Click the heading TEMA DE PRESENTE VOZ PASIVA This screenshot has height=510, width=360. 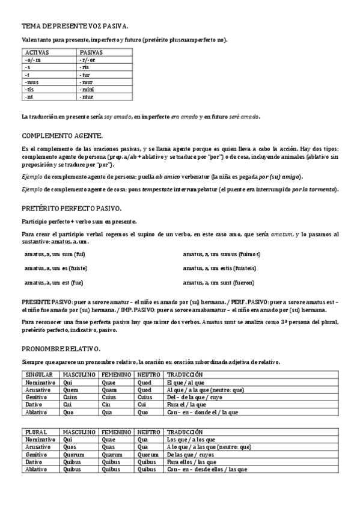tap(75, 27)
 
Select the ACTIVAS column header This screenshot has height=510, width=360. tap(37, 53)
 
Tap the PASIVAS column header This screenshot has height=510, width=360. tap(91, 53)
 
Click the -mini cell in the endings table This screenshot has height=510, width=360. tap(87, 89)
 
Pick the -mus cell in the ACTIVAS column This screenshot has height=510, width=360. tap(34, 82)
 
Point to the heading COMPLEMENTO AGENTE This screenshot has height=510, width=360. tap(62, 135)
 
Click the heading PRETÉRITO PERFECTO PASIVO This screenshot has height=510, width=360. tap(72, 209)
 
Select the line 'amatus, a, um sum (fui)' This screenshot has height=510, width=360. tap(55, 254)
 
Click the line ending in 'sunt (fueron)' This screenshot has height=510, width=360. tap(218, 283)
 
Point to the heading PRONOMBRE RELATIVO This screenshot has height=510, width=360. tap(61, 349)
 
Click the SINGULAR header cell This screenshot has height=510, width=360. tap(39, 374)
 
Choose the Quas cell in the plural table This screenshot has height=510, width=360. tap(108, 447)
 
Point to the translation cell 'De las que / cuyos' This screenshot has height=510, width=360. tap(191, 455)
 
